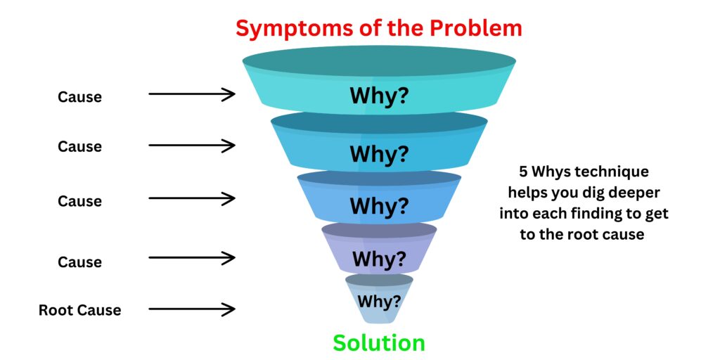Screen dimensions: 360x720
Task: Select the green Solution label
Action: point(378,343)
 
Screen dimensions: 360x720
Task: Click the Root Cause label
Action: point(79,310)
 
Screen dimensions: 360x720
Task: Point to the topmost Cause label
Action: point(79,97)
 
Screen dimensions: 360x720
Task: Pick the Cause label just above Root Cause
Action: point(79,262)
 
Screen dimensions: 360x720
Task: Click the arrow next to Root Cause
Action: point(191,309)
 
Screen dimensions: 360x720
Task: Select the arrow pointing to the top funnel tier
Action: point(191,94)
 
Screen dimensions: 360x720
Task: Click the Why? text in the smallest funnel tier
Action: point(379,302)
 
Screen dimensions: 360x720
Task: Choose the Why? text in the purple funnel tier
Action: point(379,258)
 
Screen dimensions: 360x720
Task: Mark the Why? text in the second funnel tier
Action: point(378,153)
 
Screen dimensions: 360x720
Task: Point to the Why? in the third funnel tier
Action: point(378,207)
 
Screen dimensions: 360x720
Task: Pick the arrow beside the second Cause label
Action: point(191,146)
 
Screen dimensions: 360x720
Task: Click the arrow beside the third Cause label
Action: point(191,199)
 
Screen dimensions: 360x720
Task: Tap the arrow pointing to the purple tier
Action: point(191,259)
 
